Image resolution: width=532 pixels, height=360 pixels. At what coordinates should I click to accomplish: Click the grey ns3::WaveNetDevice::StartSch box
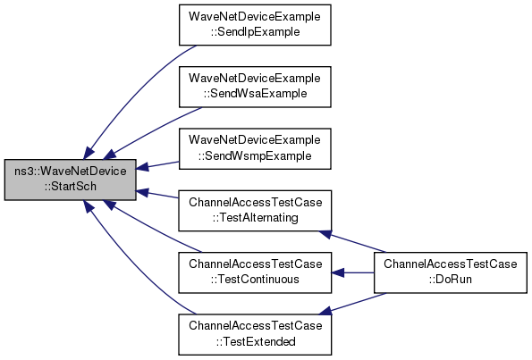(71, 180)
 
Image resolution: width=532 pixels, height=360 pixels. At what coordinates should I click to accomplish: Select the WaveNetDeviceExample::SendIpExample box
(255, 25)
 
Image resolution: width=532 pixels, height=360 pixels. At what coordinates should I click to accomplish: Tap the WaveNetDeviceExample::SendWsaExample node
(255, 87)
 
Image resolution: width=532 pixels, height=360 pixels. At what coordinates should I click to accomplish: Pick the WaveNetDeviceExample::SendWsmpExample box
(255, 148)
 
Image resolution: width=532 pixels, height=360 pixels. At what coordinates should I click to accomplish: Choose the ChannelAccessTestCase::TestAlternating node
(255, 211)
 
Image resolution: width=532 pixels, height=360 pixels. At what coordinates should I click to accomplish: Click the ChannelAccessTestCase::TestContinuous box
(255, 272)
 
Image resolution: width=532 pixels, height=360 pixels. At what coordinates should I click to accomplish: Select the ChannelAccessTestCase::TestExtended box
(255, 334)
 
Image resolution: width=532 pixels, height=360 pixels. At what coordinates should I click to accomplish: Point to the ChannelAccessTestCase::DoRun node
(451, 272)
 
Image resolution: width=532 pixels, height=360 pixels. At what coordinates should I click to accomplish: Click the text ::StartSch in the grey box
(71, 187)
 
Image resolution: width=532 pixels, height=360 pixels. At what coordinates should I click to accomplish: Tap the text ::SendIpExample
(255, 32)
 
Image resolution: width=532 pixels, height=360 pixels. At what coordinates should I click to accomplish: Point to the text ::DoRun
(451, 280)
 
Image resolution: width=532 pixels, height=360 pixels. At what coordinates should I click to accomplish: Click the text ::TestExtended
(256, 341)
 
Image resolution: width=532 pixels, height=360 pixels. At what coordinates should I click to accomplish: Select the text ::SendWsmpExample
(255, 156)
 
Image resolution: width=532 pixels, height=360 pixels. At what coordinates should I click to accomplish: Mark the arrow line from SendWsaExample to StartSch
(153, 131)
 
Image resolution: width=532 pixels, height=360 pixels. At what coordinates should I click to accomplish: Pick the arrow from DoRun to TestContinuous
(353, 272)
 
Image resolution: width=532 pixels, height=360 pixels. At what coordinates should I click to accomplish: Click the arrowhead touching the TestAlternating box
(325, 233)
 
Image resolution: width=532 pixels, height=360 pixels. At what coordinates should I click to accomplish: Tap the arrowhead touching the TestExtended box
(325, 311)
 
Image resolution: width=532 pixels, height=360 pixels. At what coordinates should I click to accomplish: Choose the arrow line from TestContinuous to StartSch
(153, 227)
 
